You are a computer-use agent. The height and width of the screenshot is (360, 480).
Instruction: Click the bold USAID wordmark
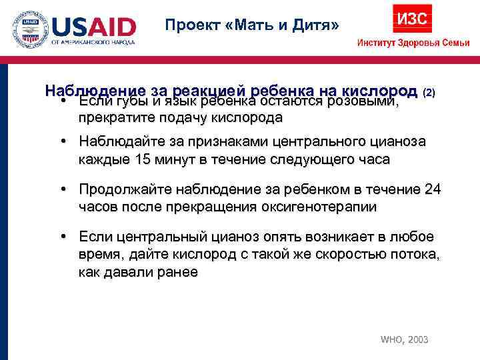(x=94, y=27)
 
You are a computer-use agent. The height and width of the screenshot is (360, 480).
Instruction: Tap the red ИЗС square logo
(x=412, y=18)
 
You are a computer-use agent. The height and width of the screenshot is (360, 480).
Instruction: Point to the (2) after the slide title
(x=429, y=91)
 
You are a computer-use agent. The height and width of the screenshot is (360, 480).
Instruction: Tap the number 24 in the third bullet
(x=432, y=190)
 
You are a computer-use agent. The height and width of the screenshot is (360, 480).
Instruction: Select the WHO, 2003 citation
(x=404, y=339)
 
